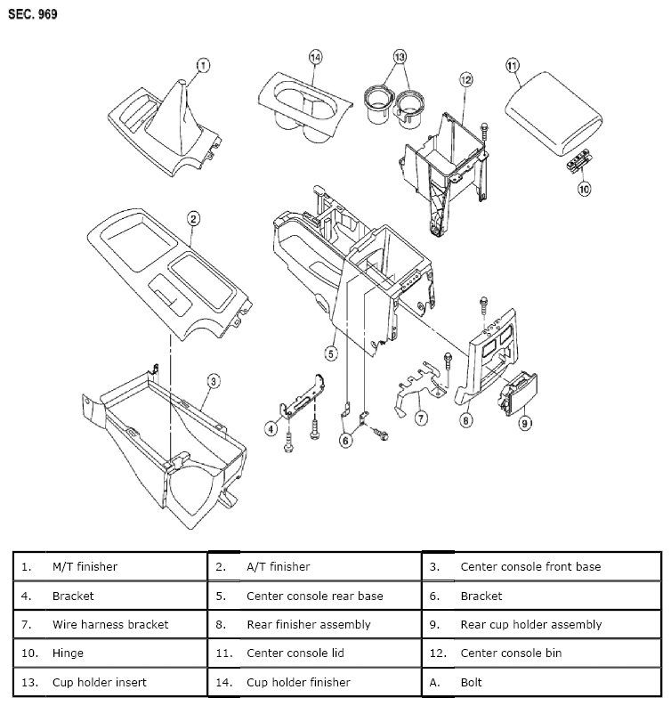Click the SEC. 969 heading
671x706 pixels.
click(33, 15)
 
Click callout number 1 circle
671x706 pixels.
click(202, 65)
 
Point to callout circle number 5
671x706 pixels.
click(331, 353)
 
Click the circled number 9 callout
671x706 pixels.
click(525, 423)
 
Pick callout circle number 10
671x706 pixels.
click(584, 190)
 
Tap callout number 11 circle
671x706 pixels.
click(512, 65)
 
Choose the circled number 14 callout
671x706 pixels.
click(314, 57)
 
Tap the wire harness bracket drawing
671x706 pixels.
click(418, 385)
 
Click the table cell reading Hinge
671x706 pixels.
click(68, 653)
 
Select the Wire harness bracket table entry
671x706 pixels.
click(109, 624)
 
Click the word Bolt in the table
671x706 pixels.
click(471, 682)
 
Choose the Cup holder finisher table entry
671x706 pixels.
click(298, 682)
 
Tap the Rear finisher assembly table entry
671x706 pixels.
click(308, 624)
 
